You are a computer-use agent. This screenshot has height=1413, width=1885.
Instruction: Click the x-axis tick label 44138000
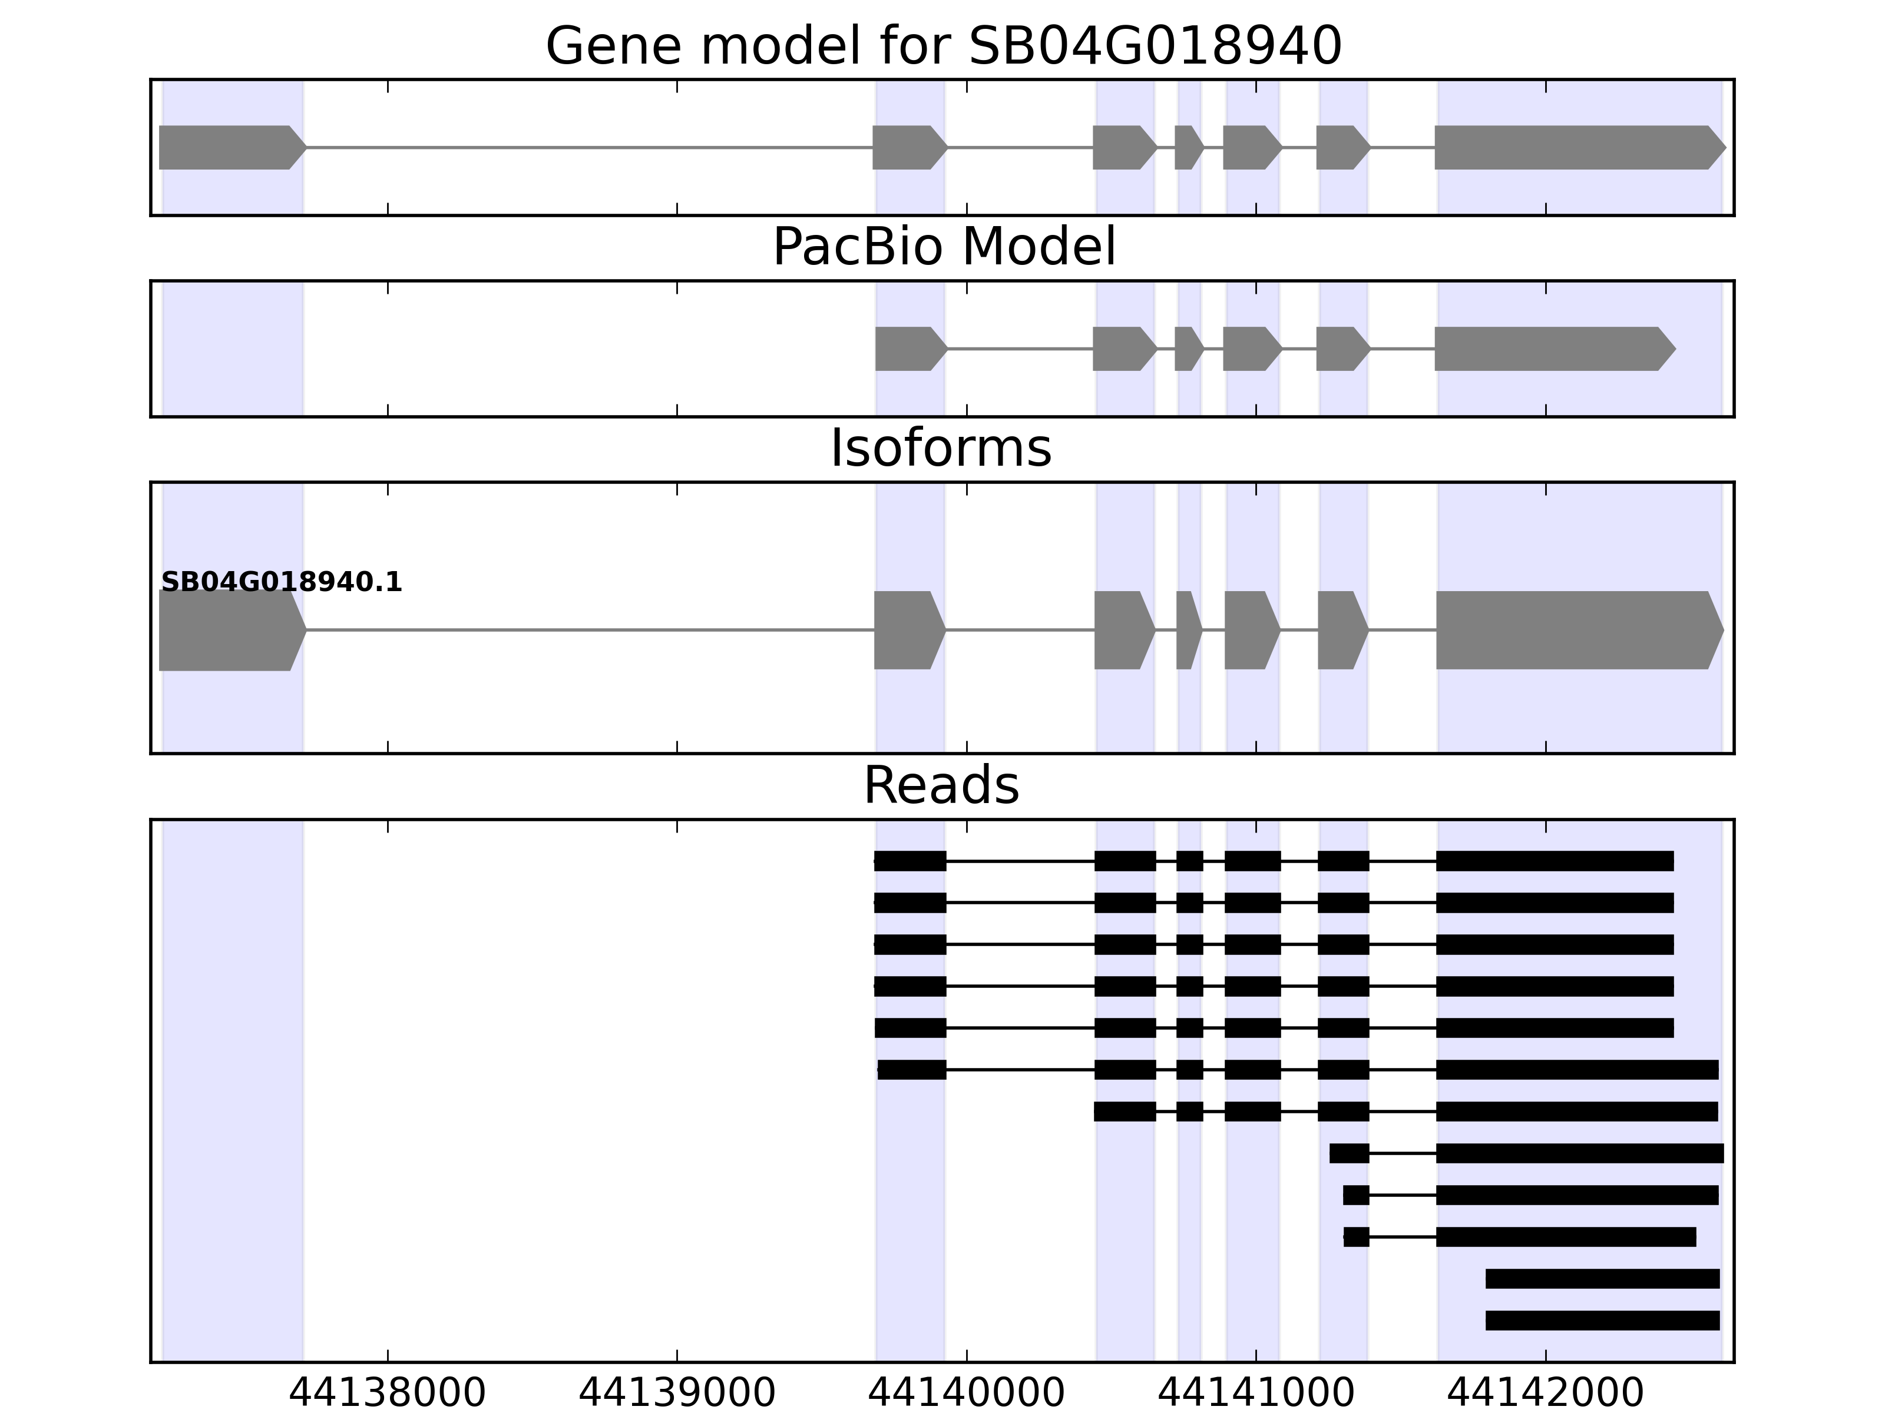click(387, 1394)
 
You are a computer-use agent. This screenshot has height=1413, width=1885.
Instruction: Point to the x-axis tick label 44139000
click(677, 1394)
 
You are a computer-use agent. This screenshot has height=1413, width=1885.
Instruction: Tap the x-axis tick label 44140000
click(967, 1394)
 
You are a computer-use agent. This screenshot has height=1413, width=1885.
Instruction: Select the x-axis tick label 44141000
click(1255, 1394)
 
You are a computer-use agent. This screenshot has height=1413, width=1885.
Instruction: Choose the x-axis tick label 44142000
click(1545, 1394)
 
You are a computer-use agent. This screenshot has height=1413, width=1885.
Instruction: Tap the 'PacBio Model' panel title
click(943, 247)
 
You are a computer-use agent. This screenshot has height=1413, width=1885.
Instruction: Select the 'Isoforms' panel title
click(941, 448)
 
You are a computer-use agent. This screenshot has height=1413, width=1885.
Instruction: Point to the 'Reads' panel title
click(941, 785)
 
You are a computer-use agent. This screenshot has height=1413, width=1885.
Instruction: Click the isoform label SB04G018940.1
click(281, 583)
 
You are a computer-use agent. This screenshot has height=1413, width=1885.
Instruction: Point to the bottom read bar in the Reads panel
click(1602, 1320)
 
